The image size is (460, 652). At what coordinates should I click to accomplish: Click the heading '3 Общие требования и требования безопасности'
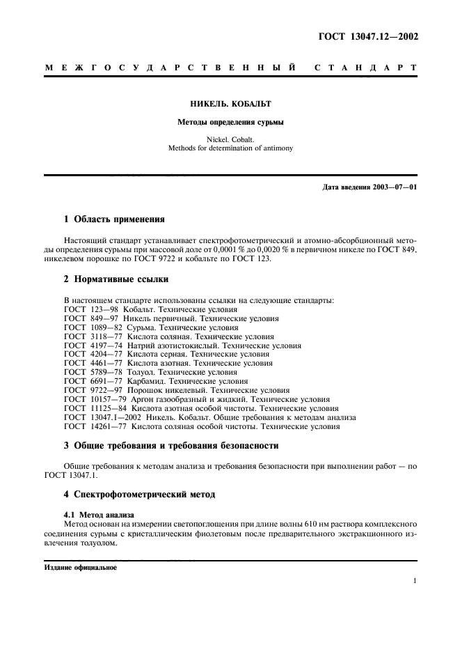coord(171,445)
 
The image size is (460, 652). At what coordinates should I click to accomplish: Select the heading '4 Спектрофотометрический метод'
coord(139,494)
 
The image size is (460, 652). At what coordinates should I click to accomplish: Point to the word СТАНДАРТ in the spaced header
coord(365,68)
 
